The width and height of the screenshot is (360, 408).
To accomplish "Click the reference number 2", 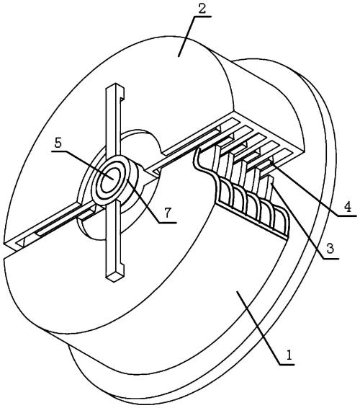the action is pyautogui.click(x=202, y=9).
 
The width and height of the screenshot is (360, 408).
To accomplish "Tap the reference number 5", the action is pyautogui.click(x=58, y=143).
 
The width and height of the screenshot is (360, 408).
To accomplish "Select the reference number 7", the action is pyautogui.click(x=168, y=213).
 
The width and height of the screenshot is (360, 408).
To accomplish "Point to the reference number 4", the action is pyautogui.click(x=348, y=207).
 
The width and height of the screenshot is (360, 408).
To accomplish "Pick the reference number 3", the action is pyautogui.click(x=330, y=249).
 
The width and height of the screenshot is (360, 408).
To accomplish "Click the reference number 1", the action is pyautogui.click(x=289, y=355).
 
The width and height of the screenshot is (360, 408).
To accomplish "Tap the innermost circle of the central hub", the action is pyautogui.click(x=109, y=179).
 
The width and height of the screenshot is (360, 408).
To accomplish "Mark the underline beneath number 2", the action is pyautogui.click(x=202, y=17).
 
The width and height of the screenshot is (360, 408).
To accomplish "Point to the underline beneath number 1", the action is pyautogui.click(x=287, y=364).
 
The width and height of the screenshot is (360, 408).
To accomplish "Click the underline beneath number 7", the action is pyautogui.click(x=168, y=223).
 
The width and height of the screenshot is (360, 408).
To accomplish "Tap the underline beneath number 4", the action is pyautogui.click(x=348, y=216).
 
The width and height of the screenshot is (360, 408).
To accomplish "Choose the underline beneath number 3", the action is pyautogui.click(x=330, y=258).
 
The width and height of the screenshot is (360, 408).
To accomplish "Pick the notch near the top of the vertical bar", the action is pyautogui.click(x=122, y=98).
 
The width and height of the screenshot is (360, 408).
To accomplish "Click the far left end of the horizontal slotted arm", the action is pyautogui.click(x=5, y=244).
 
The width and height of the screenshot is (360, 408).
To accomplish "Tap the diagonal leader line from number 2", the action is pyautogui.click(x=186, y=36).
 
